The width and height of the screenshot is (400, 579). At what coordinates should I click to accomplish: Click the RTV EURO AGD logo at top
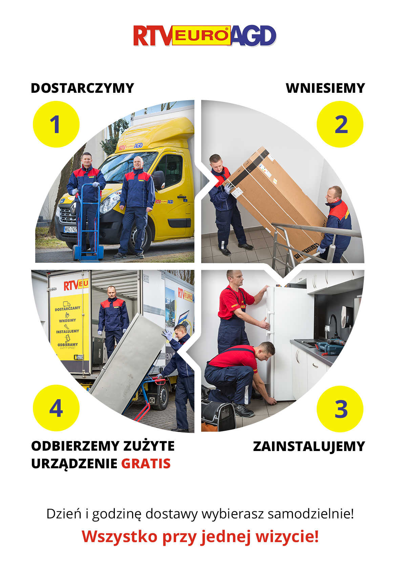[x=205, y=36]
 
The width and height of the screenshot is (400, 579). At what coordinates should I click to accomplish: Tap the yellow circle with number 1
[x=56, y=124]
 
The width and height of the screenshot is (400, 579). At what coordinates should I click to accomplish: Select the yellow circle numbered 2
[x=340, y=124]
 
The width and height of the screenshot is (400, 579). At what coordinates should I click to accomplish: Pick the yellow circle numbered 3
[x=340, y=409]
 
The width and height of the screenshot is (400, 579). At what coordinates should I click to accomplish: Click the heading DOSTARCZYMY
[x=83, y=88]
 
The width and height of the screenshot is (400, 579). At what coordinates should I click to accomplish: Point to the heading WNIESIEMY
[x=325, y=88]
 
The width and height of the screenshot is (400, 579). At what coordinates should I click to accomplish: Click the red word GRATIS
[x=146, y=464]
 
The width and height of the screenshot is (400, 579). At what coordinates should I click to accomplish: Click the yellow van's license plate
[x=70, y=229]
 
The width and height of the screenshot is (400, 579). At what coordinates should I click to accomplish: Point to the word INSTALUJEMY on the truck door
[x=67, y=331]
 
